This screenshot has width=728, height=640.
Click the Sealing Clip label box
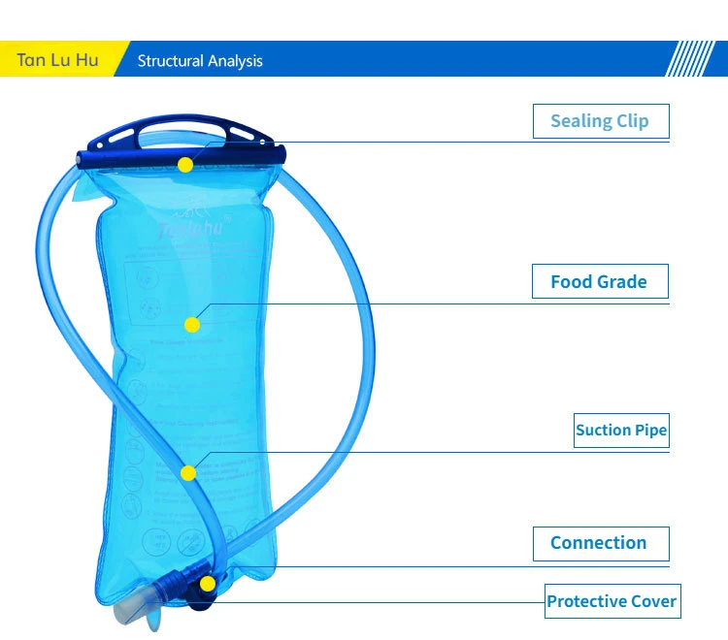pos(601,121)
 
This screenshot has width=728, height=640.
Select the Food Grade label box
pos(601,282)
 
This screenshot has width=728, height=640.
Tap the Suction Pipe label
pos(621,431)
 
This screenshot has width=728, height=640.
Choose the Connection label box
pos(601,543)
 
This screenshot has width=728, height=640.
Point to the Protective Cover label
pos(612,601)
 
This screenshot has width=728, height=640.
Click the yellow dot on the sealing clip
pos(185,165)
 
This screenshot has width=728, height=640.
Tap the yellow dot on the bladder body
pos(192,324)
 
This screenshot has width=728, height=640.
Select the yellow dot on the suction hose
pos(188,473)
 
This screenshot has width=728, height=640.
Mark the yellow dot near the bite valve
pos(207,584)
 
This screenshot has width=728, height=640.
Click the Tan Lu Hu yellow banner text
pos(57,60)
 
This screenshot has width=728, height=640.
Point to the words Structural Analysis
pos(200,61)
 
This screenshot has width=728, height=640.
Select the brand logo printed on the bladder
pos(190,229)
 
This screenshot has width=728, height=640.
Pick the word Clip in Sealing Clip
pos(632,121)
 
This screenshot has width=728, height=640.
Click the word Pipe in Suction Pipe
pos(650,431)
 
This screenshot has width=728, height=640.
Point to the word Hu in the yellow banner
pos(87,60)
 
